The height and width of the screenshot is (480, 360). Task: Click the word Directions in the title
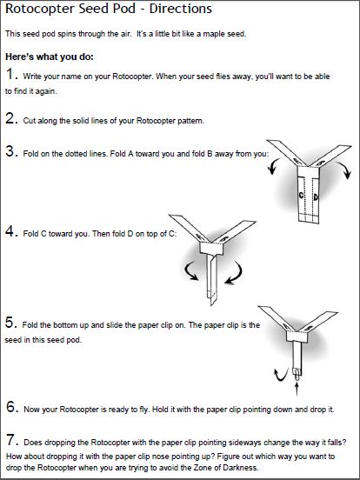181,9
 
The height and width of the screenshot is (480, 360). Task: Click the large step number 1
10,74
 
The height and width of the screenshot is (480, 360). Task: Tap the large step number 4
10,231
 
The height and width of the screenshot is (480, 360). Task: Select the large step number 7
10,440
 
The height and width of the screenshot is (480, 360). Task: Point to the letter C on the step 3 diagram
301,195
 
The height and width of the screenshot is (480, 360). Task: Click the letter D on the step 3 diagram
316,197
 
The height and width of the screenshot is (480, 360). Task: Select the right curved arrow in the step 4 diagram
236,273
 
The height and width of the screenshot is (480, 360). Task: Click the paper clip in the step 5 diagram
297,375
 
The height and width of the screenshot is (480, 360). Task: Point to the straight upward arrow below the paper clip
297,389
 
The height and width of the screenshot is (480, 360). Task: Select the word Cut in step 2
30,121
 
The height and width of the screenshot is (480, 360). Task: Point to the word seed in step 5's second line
13,340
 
